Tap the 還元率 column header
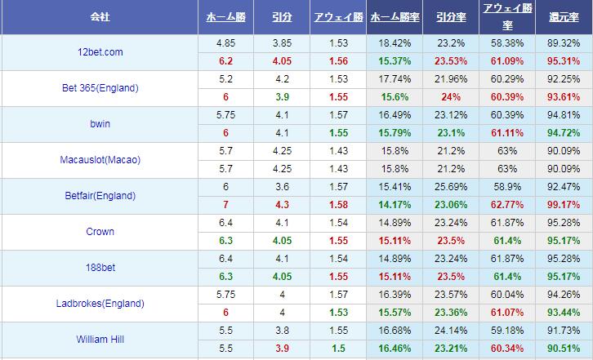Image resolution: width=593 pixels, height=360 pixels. tap(564, 16)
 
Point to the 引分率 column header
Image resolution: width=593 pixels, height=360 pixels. tap(449, 16)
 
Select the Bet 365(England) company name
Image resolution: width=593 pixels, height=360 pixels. tap(100, 88)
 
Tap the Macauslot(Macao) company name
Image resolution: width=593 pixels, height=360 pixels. tap(100, 160)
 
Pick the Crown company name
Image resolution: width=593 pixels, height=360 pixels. tap(100, 232)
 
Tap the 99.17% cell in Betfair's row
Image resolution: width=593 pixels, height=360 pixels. tap(564, 205)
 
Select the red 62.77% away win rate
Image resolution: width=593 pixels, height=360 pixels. tap(506, 205)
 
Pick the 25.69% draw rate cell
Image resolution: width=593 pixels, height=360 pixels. tap(449, 187)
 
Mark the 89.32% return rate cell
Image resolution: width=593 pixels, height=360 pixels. tap(564, 42)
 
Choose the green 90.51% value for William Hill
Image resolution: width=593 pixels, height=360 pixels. tap(564, 349)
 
